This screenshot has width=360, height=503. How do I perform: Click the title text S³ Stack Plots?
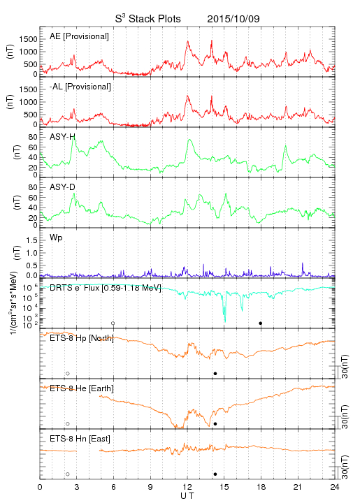click(x=148, y=19)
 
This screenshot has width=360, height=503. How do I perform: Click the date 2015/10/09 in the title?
click(x=233, y=19)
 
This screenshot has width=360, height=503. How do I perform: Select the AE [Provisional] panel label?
click(x=79, y=36)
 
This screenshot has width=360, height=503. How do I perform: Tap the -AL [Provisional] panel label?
click(x=80, y=87)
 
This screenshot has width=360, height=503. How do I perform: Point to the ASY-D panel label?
click(x=62, y=187)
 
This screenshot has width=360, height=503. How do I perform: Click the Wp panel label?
click(x=56, y=238)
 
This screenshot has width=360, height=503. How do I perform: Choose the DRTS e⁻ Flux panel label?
click(x=106, y=288)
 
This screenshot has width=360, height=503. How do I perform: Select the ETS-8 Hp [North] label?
click(x=82, y=338)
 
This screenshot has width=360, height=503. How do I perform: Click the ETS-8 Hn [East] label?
click(x=80, y=439)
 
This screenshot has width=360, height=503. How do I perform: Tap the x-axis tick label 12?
click(x=187, y=487)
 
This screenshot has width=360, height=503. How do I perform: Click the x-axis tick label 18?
click(x=261, y=487)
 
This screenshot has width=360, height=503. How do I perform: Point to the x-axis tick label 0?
click(x=40, y=487)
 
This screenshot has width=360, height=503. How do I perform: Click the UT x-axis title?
click(x=187, y=496)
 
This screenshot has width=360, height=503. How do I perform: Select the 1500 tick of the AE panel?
click(x=28, y=39)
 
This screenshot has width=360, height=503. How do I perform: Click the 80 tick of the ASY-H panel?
click(x=33, y=137)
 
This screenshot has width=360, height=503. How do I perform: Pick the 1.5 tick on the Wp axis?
click(x=31, y=240)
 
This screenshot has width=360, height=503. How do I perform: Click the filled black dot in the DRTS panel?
click(x=261, y=323)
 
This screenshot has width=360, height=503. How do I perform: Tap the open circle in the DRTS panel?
click(x=113, y=323)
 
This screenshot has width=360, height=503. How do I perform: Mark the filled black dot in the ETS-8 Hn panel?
click(x=215, y=474)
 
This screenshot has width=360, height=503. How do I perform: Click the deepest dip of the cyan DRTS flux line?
click(x=225, y=321)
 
